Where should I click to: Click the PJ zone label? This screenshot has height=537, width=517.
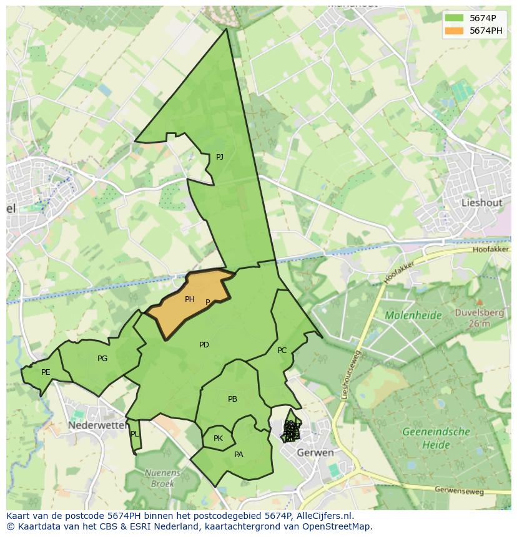(x=219, y=157)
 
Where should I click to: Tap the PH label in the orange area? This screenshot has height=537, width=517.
(x=190, y=299)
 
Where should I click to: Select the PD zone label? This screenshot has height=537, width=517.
(x=204, y=345)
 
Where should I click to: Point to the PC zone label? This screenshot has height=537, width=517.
(x=282, y=351)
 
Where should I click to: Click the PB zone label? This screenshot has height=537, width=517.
(x=232, y=399)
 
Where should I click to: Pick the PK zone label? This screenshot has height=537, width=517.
(x=218, y=438)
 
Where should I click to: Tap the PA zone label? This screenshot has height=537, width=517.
(x=239, y=455)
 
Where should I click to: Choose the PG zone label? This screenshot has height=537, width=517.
(x=102, y=359)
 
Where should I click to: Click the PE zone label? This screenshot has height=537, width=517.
(x=46, y=372)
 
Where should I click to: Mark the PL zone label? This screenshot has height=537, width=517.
(x=135, y=434)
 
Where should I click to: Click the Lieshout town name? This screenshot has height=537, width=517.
(x=481, y=203)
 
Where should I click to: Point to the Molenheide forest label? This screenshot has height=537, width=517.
(x=413, y=316)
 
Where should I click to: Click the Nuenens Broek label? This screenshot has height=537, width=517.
(x=162, y=478)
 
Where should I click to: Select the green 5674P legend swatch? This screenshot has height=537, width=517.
(x=454, y=17)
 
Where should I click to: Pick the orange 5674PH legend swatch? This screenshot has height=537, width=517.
(x=454, y=30)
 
